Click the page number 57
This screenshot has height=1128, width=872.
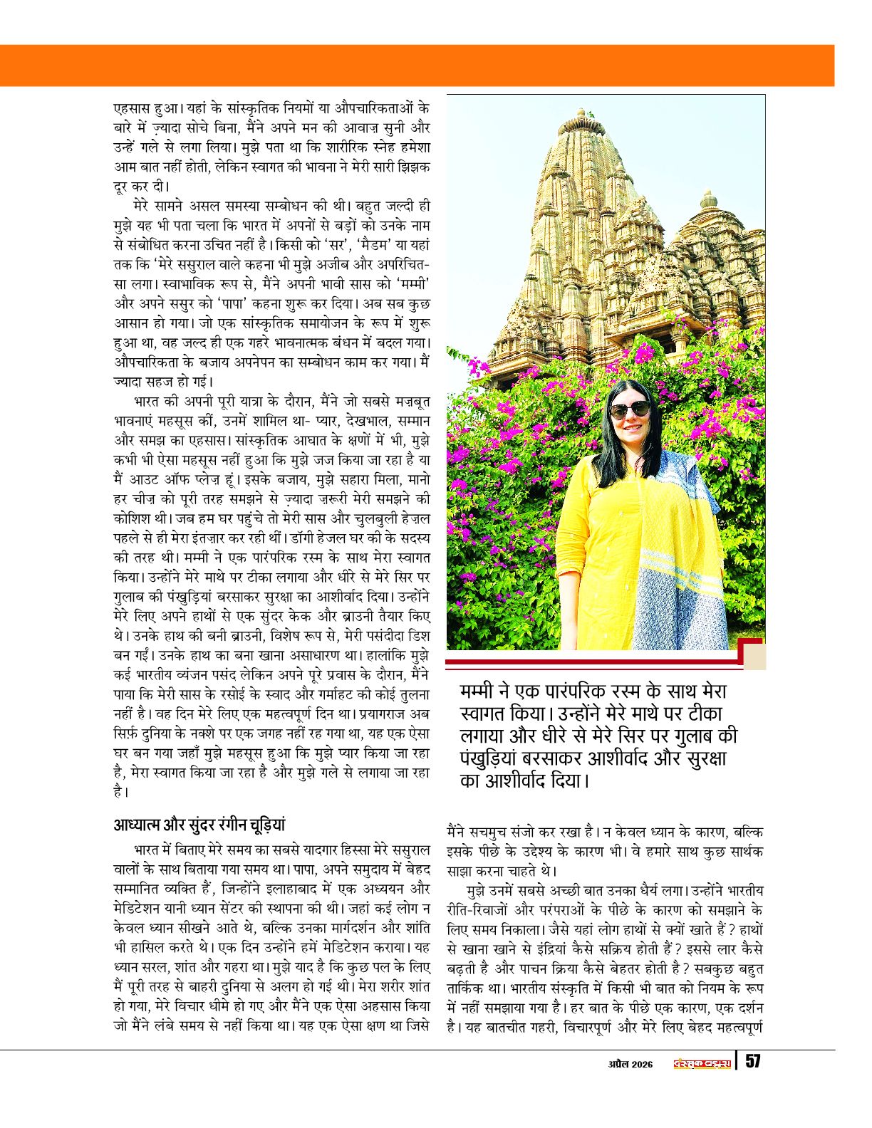click(x=752, y=1061)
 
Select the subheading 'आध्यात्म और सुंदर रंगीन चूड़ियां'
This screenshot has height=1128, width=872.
click(x=199, y=824)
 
